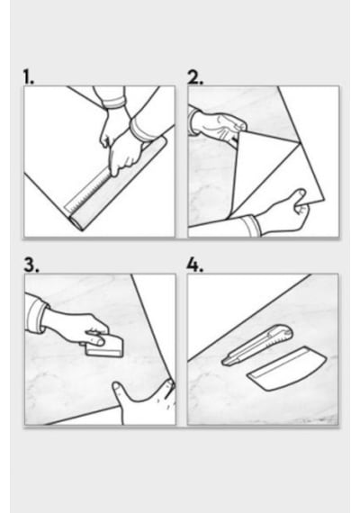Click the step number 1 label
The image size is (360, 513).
[x=28, y=76]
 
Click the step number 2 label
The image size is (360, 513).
[x=195, y=77]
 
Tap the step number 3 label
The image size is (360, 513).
[x=31, y=265]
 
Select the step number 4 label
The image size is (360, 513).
[x=195, y=265]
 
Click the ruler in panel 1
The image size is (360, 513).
[x=87, y=191]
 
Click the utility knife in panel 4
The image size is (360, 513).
[x=257, y=346]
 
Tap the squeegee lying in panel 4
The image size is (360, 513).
[x=287, y=368]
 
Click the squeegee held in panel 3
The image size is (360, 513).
[x=104, y=346]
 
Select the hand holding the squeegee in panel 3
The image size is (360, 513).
[x=76, y=328]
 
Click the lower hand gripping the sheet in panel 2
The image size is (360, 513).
[x=283, y=212]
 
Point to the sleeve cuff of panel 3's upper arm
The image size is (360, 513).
[x=36, y=314]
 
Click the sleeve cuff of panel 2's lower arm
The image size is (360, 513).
[x=251, y=226]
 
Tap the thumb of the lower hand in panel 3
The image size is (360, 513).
[x=120, y=391]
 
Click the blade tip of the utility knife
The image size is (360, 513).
[x=224, y=362]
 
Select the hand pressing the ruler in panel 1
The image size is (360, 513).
[x=126, y=156]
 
